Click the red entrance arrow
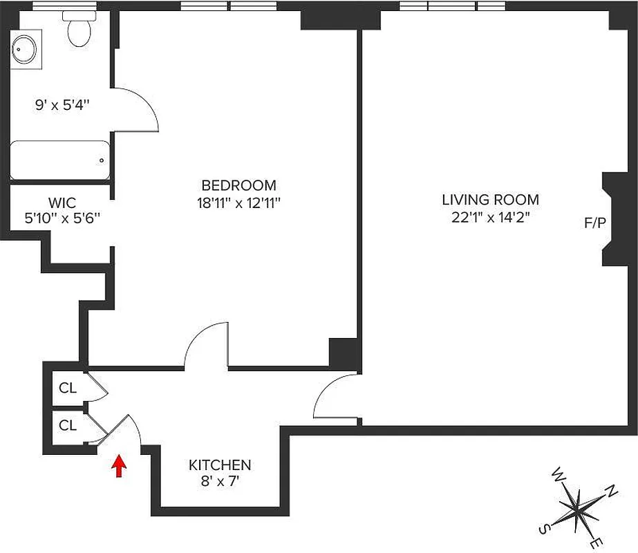(120, 467)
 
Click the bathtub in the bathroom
(59, 161)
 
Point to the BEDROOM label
(238, 185)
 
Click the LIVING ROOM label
(490, 200)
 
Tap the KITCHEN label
(220, 465)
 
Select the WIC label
(62, 203)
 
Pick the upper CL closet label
(67, 388)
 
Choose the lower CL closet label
(67, 426)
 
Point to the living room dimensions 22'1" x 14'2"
(490, 217)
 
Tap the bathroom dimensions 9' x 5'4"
(62, 106)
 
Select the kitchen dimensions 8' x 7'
(220, 482)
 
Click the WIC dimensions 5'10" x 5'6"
(62, 218)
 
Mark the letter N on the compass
(611, 491)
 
